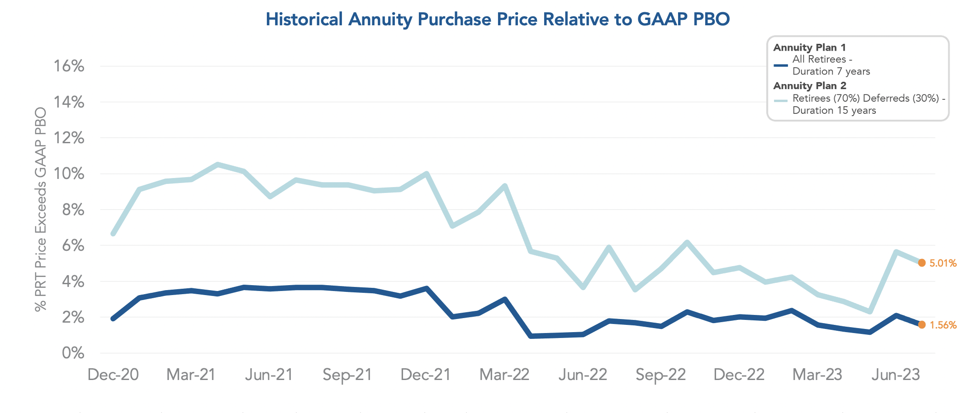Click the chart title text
pyautogui.click(x=498, y=19)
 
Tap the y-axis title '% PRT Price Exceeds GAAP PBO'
pyautogui.click(x=41, y=209)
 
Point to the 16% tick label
pyautogui.click(x=69, y=66)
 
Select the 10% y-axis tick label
pyautogui.click(x=69, y=174)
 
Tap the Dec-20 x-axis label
pyautogui.click(x=113, y=375)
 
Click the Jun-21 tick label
pyautogui.click(x=269, y=375)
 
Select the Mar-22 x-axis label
pyautogui.click(x=504, y=375)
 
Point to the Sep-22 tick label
pyautogui.click(x=661, y=375)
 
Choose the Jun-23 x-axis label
pyautogui.click(x=896, y=375)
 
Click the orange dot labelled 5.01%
pyautogui.click(x=922, y=263)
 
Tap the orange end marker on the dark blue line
pyautogui.click(x=922, y=325)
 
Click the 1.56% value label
pyautogui.click(x=943, y=325)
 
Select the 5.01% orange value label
pyautogui.click(x=943, y=263)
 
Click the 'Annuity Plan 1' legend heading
pyautogui.click(x=809, y=47)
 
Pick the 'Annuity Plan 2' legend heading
pyautogui.click(x=810, y=86)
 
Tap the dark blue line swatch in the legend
pyautogui.click(x=781, y=66)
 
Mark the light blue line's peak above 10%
pyautogui.click(x=218, y=165)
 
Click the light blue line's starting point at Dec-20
pyautogui.click(x=113, y=234)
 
